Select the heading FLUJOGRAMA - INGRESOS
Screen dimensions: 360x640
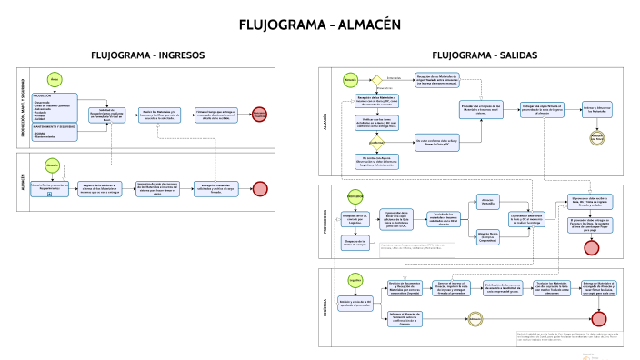tap(148, 56)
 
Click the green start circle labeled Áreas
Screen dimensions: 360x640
tap(55, 80)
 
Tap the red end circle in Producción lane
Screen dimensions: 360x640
tap(260, 115)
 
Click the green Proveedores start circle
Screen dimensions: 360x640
tap(355, 196)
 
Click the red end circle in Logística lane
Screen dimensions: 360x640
tap(597, 317)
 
